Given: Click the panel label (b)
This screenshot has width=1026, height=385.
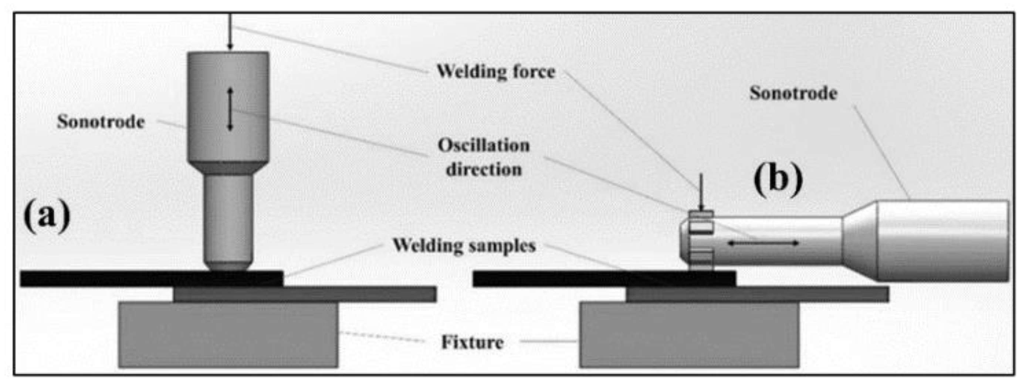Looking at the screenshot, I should pos(778,180).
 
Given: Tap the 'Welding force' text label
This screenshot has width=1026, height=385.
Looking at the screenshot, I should pos(496,72).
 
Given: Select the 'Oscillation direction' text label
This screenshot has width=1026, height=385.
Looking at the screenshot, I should pos(484,157).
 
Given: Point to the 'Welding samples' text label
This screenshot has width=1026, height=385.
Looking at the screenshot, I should pos(464,246).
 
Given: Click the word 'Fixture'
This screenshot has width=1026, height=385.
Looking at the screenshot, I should pos(473,342).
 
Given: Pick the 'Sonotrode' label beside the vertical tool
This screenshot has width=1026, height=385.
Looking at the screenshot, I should pos(101,122).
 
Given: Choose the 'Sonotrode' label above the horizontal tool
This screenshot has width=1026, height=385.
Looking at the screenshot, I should pos(793,93).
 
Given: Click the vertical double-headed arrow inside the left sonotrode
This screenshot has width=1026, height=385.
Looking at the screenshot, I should pos(230,109).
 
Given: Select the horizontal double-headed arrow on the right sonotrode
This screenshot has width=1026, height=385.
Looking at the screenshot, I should pos(763,242).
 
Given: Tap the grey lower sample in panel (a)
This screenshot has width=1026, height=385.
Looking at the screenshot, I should pos(359,294).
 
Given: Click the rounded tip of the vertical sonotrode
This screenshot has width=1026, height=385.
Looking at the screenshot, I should pos(228,265).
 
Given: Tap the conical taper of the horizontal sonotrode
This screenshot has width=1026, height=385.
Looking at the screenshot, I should pos(860,240).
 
